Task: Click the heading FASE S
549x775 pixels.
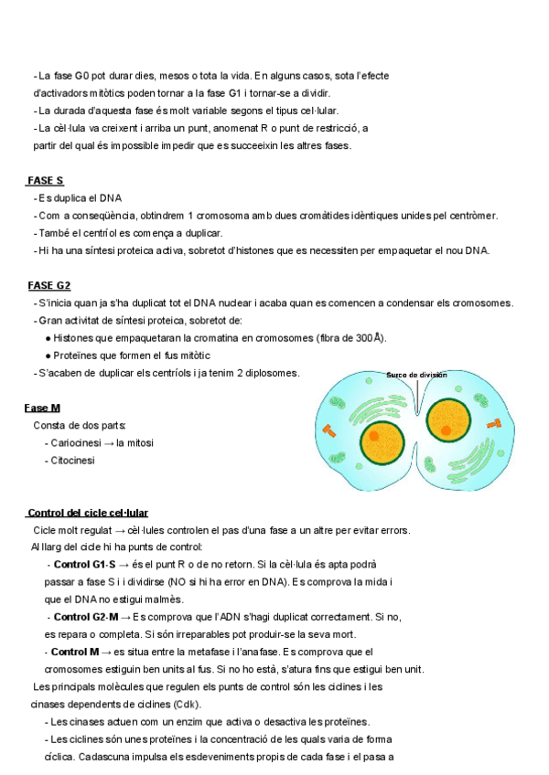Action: (x=46, y=181)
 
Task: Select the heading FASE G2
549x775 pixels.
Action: (x=49, y=285)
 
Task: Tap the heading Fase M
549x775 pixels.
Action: (x=42, y=408)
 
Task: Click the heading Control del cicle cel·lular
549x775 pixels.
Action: (x=88, y=513)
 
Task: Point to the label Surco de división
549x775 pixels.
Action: (x=416, y=375)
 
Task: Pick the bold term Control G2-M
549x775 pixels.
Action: (x=86, y=617)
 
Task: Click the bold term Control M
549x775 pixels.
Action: (x=75, y=652)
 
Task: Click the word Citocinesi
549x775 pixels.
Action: (x=73, y=461)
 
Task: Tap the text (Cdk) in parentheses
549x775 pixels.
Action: (x=187, y=704)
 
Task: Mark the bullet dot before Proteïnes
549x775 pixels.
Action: (x=47, y=356)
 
